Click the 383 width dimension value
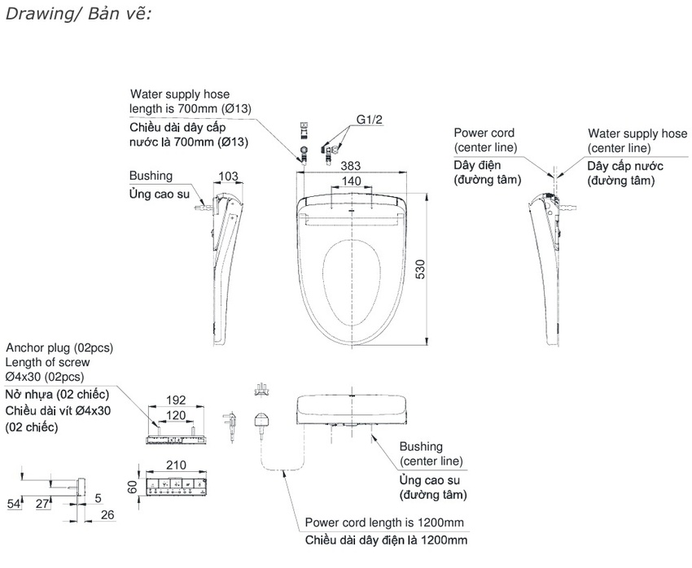[x=352, y=165]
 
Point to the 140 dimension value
[x=351, y=181]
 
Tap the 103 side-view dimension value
[x=230, y=176]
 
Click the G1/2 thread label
[x=369, y=119]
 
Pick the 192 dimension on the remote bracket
[x=174, y=400]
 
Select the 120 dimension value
[x=174, y=414]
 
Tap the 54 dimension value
[x=13, y=505]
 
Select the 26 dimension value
[x=107, y=514]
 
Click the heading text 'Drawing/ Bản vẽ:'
[x=78, y=15]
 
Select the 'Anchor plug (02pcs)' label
[x=59, y=347]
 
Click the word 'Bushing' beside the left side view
[x=151, y=176]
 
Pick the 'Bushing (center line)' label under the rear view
[x=431, y=454]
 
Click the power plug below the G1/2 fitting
[x=264, y=421]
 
